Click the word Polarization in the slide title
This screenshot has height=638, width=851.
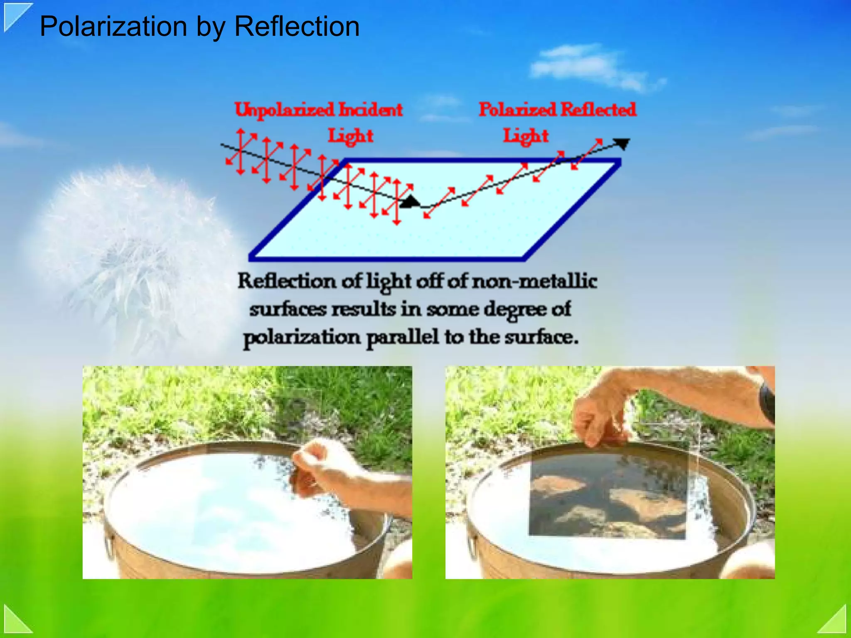click(x=113, y=27)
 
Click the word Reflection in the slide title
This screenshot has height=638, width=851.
click(x=297, y=27)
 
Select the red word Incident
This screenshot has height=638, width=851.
click(x=370, y=110)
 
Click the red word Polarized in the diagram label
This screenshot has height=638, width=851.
click(x=517, y=110)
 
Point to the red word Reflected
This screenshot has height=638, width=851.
click(x=598, y=110)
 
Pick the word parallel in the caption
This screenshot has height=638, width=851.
click(x=402, y=337)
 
